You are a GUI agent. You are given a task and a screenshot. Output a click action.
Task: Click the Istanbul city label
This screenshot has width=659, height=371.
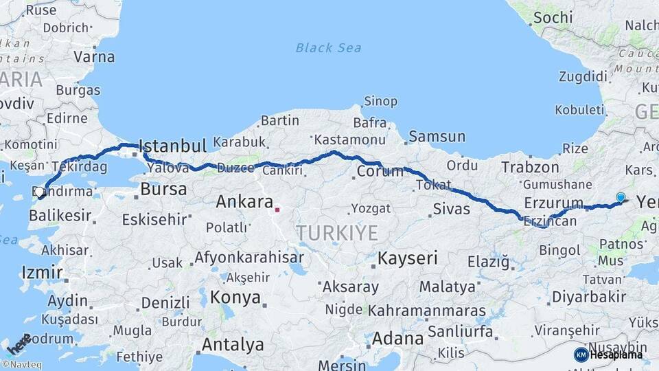click(172, 146)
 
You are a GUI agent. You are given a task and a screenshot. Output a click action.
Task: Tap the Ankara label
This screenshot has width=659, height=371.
click(244, 202)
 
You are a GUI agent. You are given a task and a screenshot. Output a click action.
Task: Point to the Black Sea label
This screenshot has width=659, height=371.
click(328, 48)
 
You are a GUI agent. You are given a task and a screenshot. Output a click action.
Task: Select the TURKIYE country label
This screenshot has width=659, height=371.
click(337, 233)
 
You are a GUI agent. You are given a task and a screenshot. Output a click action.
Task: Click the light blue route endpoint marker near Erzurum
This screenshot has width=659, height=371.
click(621, 198)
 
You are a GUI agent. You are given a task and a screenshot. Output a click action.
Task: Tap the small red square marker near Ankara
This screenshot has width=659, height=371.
click(277, 210)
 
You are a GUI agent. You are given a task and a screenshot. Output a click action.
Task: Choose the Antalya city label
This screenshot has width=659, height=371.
click(233, 344)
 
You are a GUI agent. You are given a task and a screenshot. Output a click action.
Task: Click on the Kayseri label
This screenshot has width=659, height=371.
click(407, 258)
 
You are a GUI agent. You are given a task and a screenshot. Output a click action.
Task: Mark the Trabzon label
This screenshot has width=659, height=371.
click(530, 167)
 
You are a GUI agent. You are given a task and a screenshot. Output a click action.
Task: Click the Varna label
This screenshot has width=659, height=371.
click(93, 56)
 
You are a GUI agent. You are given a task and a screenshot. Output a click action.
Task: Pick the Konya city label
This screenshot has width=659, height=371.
click(235, 297)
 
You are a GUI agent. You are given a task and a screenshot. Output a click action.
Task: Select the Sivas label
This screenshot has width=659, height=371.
click(452, 209)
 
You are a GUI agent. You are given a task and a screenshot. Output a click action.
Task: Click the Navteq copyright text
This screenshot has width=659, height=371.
click(21, 365)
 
